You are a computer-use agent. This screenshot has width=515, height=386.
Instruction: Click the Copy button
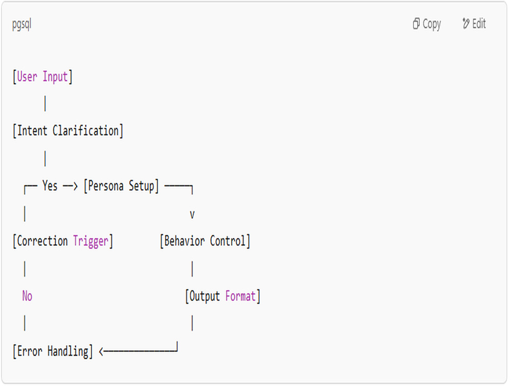pyautogui.click(x=426, y=24)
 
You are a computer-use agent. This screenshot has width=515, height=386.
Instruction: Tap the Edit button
pyautogui.click(x=474, y=24)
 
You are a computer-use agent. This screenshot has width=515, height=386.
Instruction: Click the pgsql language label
pyautogui.click(x=22, y=24)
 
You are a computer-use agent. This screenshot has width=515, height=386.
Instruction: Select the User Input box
pyautogui.click(x=42, y=77)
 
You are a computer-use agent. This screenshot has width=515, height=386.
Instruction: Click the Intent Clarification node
pyautogui.click(x=68, y=131)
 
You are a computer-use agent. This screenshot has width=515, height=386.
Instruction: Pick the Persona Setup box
pyautogui.click(x=121, y=186)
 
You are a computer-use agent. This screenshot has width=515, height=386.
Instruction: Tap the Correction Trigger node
pyautogui.click(x=63, y=241)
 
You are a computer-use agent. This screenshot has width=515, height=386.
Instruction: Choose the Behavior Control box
pyautogui.click(x=205, y=241)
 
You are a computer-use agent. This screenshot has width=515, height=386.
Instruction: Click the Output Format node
pyautogui.click(x=222, y=296)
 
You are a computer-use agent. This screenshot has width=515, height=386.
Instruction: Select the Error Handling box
pyautogui.click(x=53, y=352)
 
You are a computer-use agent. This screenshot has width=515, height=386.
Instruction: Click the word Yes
pyautogui.click(x=50, y=186)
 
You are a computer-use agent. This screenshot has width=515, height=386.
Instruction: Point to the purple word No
pyautogui.click(x=27, y=296)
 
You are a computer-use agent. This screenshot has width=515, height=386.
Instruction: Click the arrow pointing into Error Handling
pyautogui.click(x=138, y=352)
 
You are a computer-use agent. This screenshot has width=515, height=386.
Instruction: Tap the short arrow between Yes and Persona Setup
pyautogui.click(x=70, y=186)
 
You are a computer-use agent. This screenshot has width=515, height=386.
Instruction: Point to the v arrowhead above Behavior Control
pyautogui.click(x=192, y=215)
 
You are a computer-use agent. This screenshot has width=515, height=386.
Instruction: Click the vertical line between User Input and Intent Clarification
pyautogui.click(x=45, y=103)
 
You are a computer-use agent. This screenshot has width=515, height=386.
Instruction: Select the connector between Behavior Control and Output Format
pyautogui.click(x=192, y=269)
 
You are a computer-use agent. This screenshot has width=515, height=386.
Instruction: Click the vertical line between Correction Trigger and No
pyautogui.click(x=25, y=269)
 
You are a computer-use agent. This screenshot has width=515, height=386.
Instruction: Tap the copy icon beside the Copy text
pyautogui.click(x=416, y=24)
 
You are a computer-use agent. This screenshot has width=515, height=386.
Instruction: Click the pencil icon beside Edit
pyautogui.click(x=466, y=23)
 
